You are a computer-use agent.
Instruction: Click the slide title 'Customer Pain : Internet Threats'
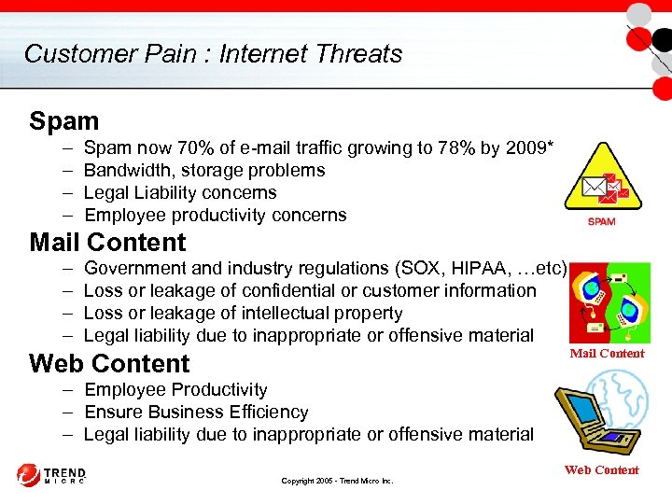213,53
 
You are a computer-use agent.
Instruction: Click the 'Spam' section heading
63,121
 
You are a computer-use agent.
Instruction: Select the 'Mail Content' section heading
107,243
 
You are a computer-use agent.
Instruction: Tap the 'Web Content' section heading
109,363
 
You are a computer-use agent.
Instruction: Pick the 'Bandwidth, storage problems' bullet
204,170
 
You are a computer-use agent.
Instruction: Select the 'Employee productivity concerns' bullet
215,215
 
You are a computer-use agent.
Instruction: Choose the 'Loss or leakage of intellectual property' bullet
243,313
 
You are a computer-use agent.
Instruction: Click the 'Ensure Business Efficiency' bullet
196,412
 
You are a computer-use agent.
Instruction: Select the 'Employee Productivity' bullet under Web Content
175,389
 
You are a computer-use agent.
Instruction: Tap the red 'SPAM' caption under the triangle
601,221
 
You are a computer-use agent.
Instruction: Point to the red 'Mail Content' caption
607,353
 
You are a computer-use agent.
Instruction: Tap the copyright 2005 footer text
337,481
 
